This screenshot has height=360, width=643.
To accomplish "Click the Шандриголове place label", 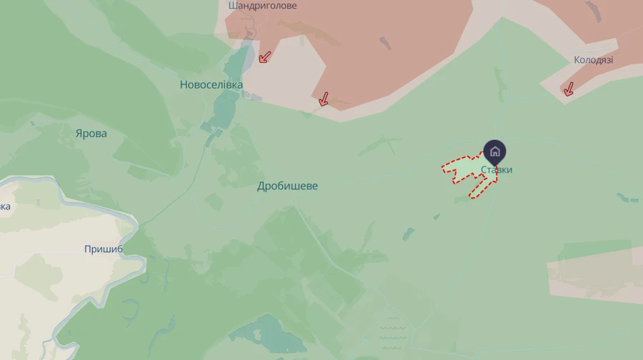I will pos(262,6).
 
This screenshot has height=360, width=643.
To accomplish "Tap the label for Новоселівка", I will pos(211,85).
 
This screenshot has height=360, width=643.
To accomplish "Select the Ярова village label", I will pos(91,134).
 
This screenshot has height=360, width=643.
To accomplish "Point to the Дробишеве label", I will pos(287,186).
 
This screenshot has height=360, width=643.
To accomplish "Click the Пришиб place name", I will pos(104,249).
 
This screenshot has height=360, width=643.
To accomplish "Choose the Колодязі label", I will pos(593,60).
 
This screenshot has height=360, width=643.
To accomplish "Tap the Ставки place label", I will pos(497,170).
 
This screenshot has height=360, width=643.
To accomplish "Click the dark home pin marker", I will pos(494,151).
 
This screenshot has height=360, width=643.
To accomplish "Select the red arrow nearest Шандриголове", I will pos(264,56).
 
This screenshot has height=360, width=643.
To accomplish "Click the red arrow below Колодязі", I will pos(569,89).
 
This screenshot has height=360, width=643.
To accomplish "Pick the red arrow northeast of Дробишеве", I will pos(324,99).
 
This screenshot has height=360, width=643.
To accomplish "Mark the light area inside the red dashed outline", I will pos(464,168).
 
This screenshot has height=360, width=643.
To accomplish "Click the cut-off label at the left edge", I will pos(5,207).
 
